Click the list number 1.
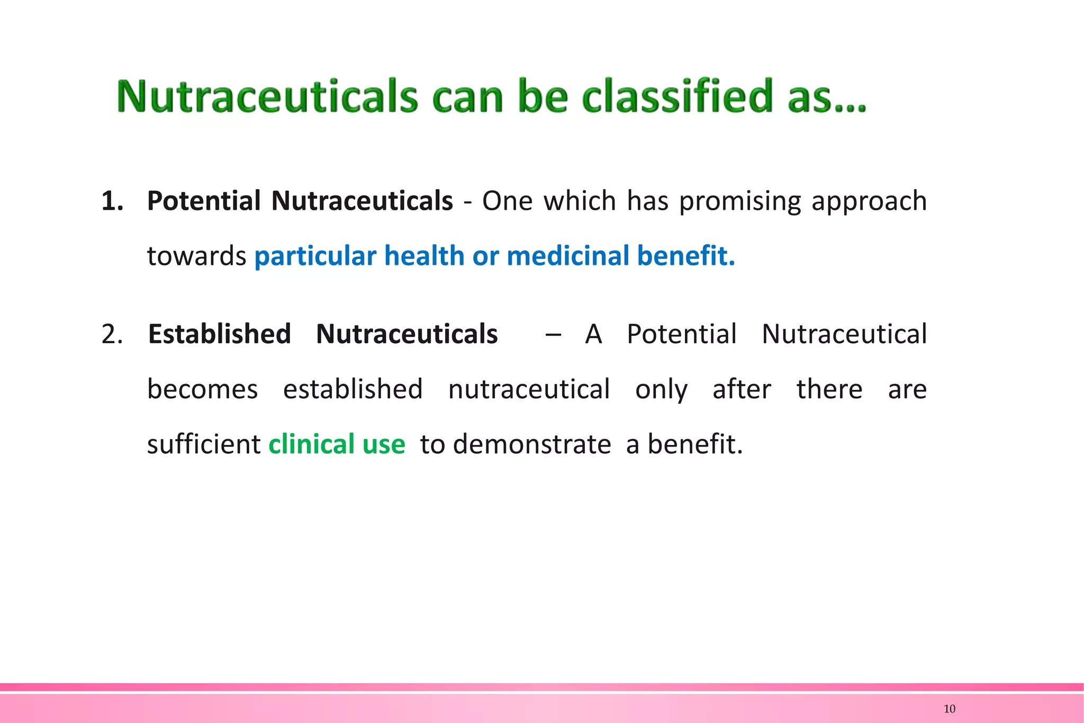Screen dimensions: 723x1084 (x=112, y=201)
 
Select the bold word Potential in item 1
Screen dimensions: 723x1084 (x=204, y=201)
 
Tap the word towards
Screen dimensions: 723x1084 (x=196, y=256)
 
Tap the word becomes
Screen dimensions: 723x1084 (x=202, y=390)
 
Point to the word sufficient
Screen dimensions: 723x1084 (x=203, y=444)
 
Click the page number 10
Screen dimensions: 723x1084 (x=949, y=709)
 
